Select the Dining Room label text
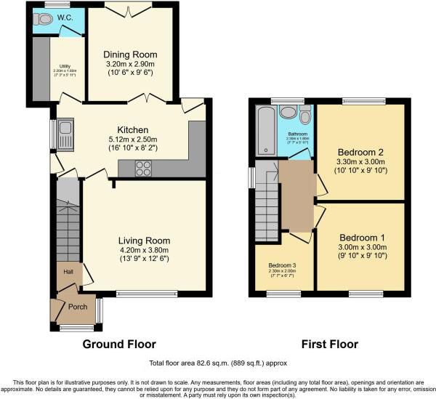coord(130,55)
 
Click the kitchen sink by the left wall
coord(64,134)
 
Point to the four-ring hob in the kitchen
coord(143,169)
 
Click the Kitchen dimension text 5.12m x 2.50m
coord(129,140)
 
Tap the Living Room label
coord(145,241)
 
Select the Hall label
coord(68,271)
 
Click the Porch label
coord(78,307)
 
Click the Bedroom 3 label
coord(283,265)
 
